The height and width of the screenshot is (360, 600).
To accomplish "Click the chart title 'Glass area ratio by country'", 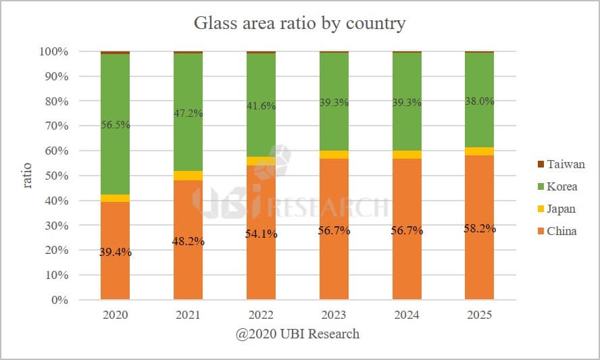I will pyautogui.click(x=299, y=24).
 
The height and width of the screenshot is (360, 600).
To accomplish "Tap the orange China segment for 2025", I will pyautogui.click(x=479, y=263).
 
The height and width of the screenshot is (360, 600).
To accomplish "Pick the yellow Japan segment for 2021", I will pyautogui.click(x=188, y=176).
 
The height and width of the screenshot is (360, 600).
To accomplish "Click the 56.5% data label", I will pyautogui.click(x=115, y=125).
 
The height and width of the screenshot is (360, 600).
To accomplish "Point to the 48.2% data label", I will pyautogui.click(x=188, y=241).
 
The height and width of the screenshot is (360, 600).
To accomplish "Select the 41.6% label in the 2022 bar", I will pyautogui.click(x=261, y=106).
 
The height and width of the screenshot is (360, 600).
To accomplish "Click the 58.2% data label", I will pyautogui.click(x=479, y=228).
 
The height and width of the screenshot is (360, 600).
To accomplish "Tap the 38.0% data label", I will pyautogui.click(x=479, y=101).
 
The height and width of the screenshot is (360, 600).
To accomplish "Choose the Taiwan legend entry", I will pyautogui.click(x=561, y=164).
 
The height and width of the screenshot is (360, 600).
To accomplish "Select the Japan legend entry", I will pyautogui.click(x=560, y=209).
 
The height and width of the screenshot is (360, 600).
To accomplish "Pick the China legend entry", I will pyautogui.click(x=561, y=231).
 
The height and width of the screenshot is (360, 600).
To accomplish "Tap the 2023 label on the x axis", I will pyautogui.click(x=334, y=315).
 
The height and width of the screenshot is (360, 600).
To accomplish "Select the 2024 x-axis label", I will pyautogui.click(x=407, y=315).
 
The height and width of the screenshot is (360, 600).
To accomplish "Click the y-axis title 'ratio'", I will pyautogui.click(x=28, y=176).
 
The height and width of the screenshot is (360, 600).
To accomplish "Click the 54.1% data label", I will pyautogui.click(x=261, y=234).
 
